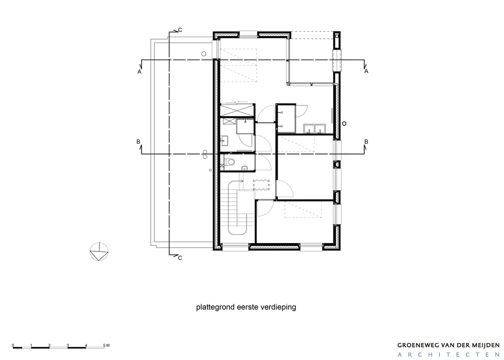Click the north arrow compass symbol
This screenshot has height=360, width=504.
click(x=99, y=251)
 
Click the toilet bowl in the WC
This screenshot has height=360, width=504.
click(x=230, y=162)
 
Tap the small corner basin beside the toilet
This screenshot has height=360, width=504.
click(x=245, y=167)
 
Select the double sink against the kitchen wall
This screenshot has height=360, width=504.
click(x=315, y=128)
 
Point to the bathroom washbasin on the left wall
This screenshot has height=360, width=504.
click(x=225, y=140)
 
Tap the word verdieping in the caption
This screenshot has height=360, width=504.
click(x=280, y=307)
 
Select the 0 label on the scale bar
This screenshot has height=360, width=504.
click(x=13, y=346)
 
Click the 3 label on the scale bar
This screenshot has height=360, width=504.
click(x=68, y=346)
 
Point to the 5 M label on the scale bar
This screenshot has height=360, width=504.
click(x=106, y=346)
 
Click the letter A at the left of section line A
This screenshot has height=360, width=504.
click(x=139, y=72)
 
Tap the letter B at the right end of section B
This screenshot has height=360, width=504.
click(x=366, y=142)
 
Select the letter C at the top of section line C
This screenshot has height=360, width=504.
click(x=180, y=30)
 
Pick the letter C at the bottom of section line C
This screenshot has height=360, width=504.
click(x=180, y=258)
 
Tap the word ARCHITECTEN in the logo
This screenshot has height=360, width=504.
click(x=449, y=355)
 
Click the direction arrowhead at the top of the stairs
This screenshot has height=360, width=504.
click(x=242, y=181)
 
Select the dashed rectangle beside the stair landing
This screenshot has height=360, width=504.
click(x=261, y=185)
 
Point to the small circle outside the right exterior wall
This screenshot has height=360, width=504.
click(x=344, y=123)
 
